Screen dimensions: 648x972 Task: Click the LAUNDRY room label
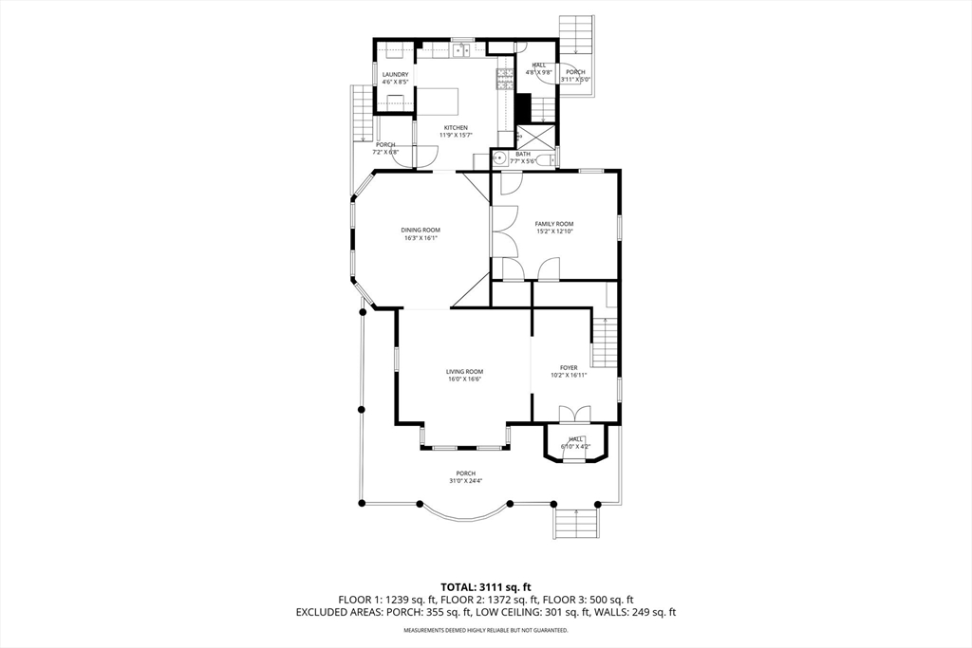[395, 74]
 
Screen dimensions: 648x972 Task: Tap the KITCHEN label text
[455, 128]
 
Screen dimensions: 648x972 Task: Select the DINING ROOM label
[420, 230]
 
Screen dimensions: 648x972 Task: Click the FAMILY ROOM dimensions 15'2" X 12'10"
[554, 231]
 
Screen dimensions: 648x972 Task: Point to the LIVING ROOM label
[465, 372]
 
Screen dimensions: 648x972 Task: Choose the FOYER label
[568, 367]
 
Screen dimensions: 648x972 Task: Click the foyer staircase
[604, 342]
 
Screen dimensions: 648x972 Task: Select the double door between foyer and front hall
[574, 415]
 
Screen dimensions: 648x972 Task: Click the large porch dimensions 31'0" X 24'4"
[465, 481]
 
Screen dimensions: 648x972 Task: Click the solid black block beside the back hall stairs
[523, 105]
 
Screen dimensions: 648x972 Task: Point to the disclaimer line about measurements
[485, 630]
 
